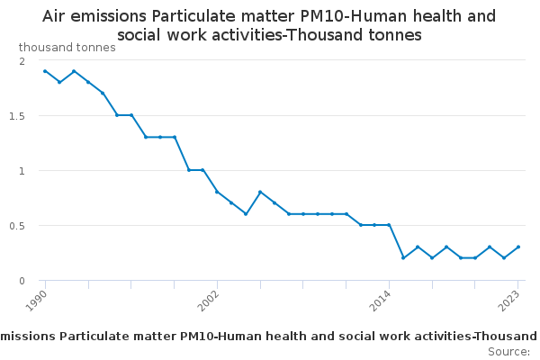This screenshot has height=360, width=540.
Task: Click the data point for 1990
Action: [x=44, y=71]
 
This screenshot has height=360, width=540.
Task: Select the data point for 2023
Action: [x=518, y=247]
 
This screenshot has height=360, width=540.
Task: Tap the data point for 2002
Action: [x=217, y=192]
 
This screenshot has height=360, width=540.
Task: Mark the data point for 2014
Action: [x=389, y=225]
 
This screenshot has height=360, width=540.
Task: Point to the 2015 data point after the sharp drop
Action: [x=403, y=258]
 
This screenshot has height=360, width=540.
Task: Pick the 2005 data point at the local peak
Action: [x=260, y=192]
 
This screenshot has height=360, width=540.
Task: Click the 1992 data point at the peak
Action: [x=73, y=71]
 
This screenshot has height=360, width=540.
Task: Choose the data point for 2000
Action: [x=188, y=170]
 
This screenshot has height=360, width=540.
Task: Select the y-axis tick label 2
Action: [x=22, y=60]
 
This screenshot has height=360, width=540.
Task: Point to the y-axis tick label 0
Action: [x=22, y=281]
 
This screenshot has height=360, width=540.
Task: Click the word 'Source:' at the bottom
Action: [x=508, y=352]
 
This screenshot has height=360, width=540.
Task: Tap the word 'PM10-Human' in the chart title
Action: [x=337, y=16]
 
